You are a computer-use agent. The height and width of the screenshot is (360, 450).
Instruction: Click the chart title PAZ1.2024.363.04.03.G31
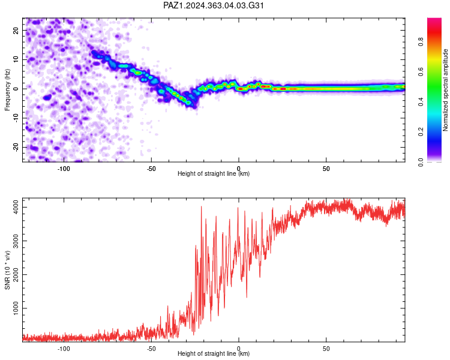(x=213, y=5)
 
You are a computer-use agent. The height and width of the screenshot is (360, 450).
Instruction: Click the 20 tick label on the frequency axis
(x=16, y=30)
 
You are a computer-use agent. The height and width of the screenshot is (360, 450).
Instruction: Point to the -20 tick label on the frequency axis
(x=16, y=147)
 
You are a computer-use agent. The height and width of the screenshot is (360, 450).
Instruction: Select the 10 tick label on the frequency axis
(x=16, y=59)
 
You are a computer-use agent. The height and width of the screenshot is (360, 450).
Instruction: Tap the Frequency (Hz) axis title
(x=7, y=90)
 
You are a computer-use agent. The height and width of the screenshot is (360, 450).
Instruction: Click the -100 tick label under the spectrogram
(x=64, y=169)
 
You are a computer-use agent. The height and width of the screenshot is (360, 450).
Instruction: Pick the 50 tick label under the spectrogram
(x=326, y=169)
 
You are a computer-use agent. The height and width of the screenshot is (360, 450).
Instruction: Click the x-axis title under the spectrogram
(x=214, y=173)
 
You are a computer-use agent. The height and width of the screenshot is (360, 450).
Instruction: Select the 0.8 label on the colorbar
(x=421, y=42)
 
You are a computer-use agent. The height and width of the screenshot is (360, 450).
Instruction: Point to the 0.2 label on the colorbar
(x=421, y=132)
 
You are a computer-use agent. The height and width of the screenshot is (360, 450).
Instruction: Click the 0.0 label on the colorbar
(x=421, y=162)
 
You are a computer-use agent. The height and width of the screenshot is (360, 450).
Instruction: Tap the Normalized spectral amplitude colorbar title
(x=445, y=90)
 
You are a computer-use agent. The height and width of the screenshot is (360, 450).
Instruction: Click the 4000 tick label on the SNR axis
(x=16, y=207)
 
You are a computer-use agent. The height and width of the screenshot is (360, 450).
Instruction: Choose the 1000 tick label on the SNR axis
(x=16, y=308)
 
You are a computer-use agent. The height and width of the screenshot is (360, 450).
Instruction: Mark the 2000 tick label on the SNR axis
(x=16, y=274)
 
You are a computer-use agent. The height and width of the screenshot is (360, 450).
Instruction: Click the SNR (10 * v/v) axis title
(x=7, y=270)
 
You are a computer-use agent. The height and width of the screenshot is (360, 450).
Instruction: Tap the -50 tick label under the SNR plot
(x=151, y=349)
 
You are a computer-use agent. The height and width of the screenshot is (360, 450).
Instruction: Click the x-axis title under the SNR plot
(x=214, y=353)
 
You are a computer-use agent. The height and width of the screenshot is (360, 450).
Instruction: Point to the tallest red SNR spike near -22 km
(x=201, y=206)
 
